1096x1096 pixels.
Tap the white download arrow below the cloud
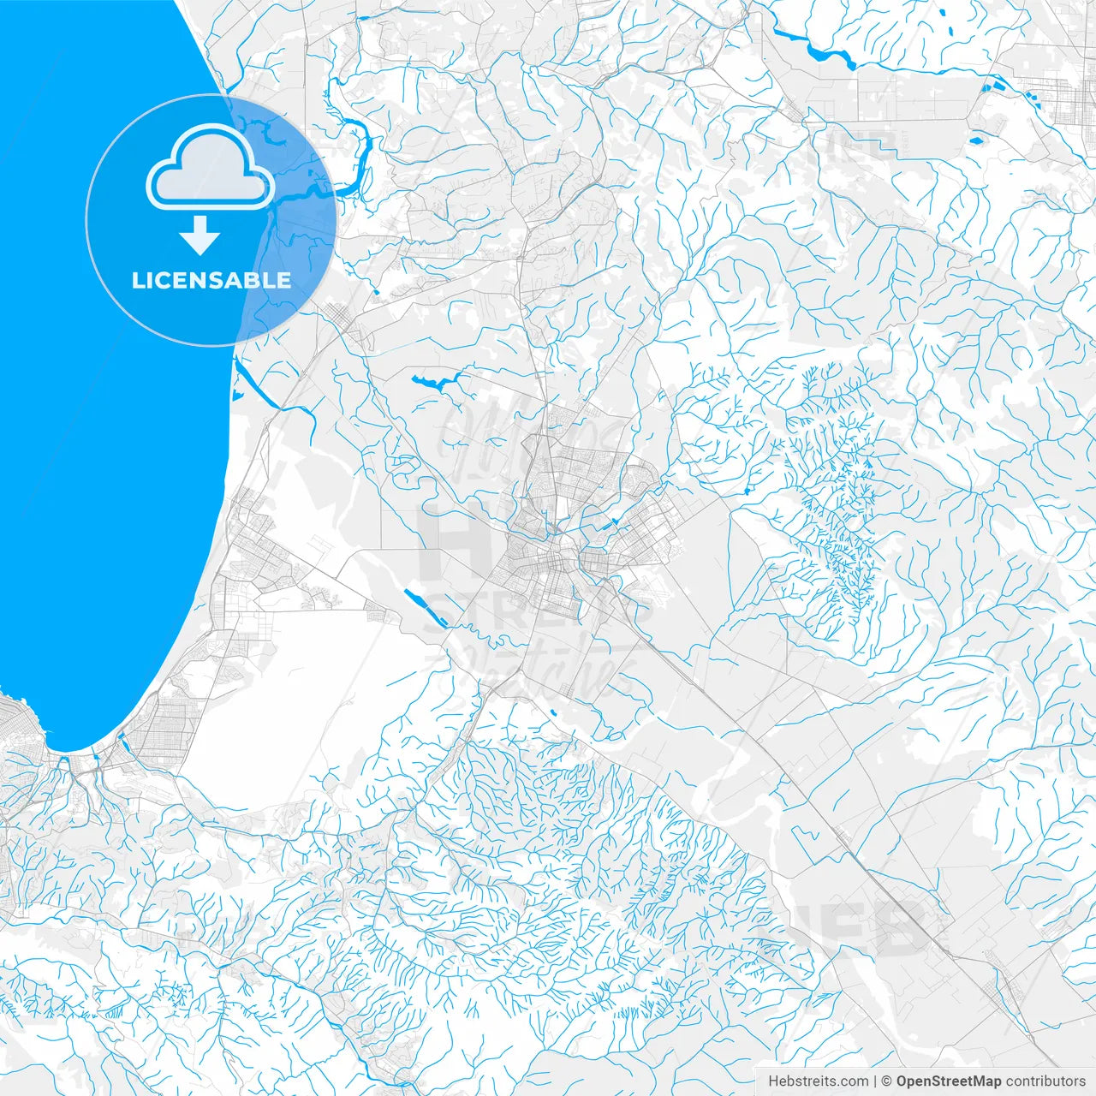(200, 235)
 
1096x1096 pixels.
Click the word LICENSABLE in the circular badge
(211, 280)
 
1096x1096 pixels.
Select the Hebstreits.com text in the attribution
(818, 1081)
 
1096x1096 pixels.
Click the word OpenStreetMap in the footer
(948, 1081)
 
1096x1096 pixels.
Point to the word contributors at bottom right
(1045, 1081)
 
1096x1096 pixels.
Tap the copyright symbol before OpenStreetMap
(887, 1081)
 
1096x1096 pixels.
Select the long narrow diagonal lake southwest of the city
(424, 607)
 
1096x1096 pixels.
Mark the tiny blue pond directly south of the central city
(553, 712)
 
